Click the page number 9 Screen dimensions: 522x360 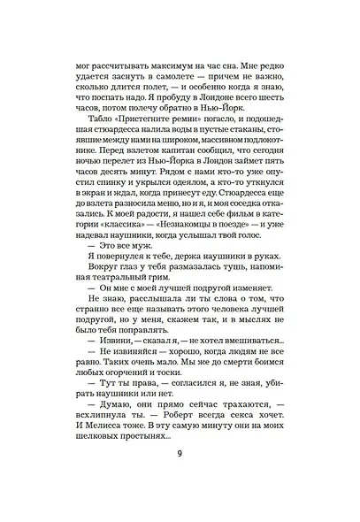pyautogui.click(x=180, y=479)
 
